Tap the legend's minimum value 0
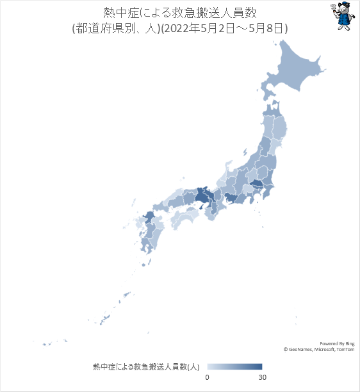(x=207, y=378)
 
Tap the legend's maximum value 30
(x=262, y=378)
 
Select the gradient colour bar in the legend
(x=234, y=366)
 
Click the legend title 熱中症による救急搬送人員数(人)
(x=147, y=367)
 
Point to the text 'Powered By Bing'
(x=338, y=343)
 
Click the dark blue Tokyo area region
(x=256, y=185)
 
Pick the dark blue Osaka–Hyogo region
(x=204, y=195)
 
